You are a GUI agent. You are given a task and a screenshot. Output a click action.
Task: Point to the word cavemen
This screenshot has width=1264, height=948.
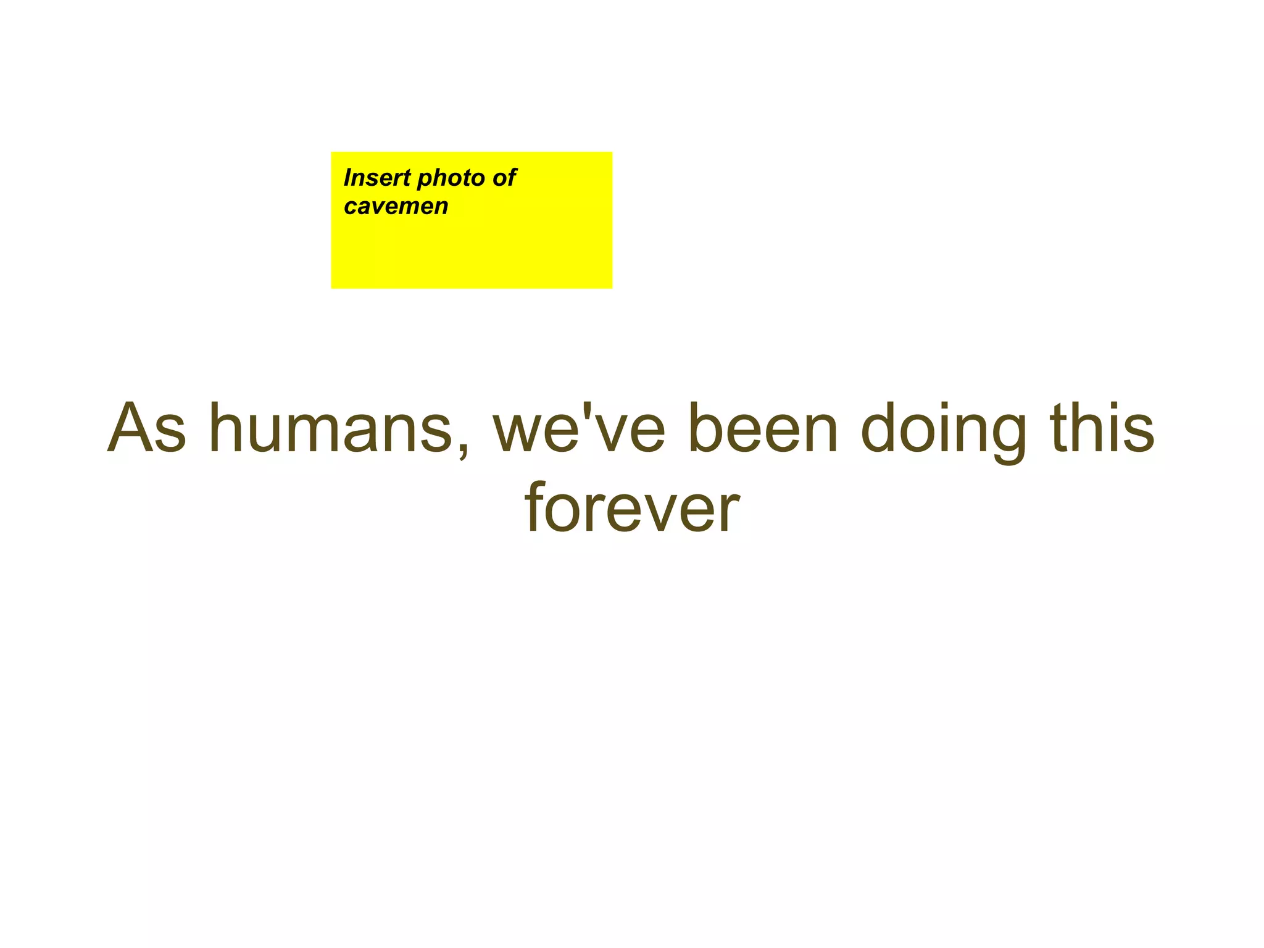(x=396, y=207)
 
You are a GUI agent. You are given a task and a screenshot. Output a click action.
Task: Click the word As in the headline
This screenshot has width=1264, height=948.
(x=146, y=428)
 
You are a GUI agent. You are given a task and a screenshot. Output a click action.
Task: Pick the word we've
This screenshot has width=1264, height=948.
(x=579, y=428)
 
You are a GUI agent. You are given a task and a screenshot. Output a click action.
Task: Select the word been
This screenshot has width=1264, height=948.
(x=763, y=428)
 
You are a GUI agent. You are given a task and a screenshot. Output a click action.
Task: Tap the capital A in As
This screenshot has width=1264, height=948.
(x=130, y=428)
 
